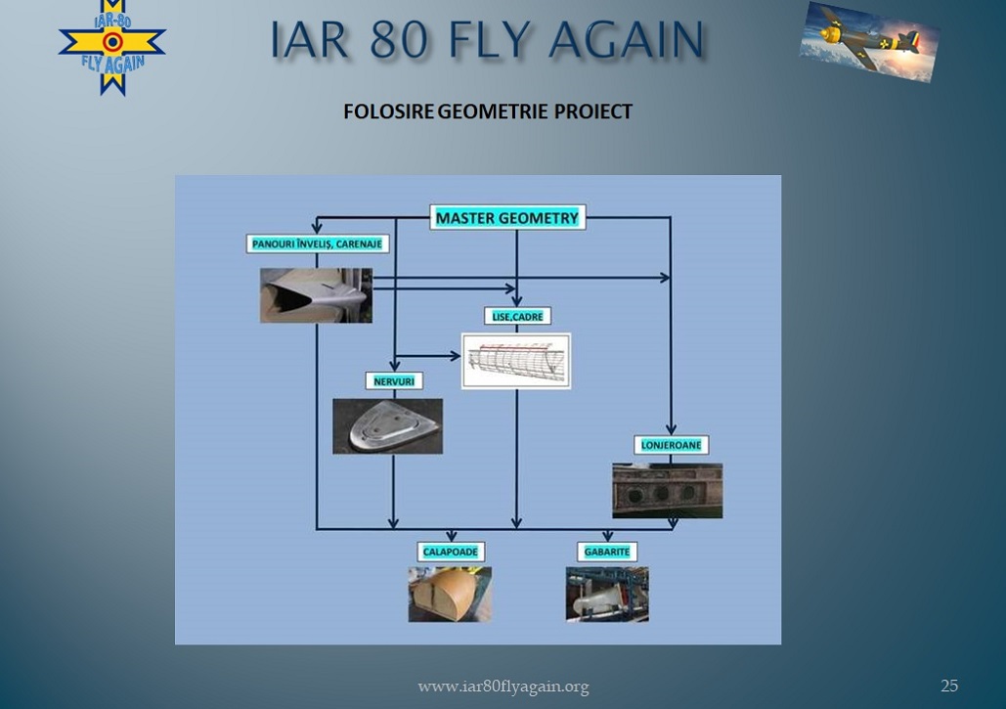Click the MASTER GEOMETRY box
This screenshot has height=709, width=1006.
[506, 217]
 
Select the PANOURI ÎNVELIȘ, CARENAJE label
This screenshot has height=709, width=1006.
[317, 244]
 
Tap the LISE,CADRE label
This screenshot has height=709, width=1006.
[517, 316]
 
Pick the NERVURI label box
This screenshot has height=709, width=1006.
[394, 381]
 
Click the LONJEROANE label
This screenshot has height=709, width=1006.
[671, 445]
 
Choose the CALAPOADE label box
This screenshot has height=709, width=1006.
[451, 552]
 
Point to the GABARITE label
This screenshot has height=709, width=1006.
[607, 552]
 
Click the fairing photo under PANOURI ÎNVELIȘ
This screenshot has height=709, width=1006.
[317, 295]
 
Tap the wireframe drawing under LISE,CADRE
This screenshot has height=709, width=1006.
[516, 361]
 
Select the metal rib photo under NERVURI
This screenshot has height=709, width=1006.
[387, 426]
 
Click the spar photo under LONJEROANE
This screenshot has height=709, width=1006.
[667, 490]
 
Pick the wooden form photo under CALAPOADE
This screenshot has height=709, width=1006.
[451, 595]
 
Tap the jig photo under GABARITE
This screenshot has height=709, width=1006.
[607, 595]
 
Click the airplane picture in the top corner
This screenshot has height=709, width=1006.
[869, 42]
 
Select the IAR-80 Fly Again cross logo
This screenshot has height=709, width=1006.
[112, 46]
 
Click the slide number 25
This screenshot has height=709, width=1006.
[949, 686]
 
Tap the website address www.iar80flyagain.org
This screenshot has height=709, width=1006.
[503, 687]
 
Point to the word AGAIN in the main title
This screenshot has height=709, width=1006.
[627, 39]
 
